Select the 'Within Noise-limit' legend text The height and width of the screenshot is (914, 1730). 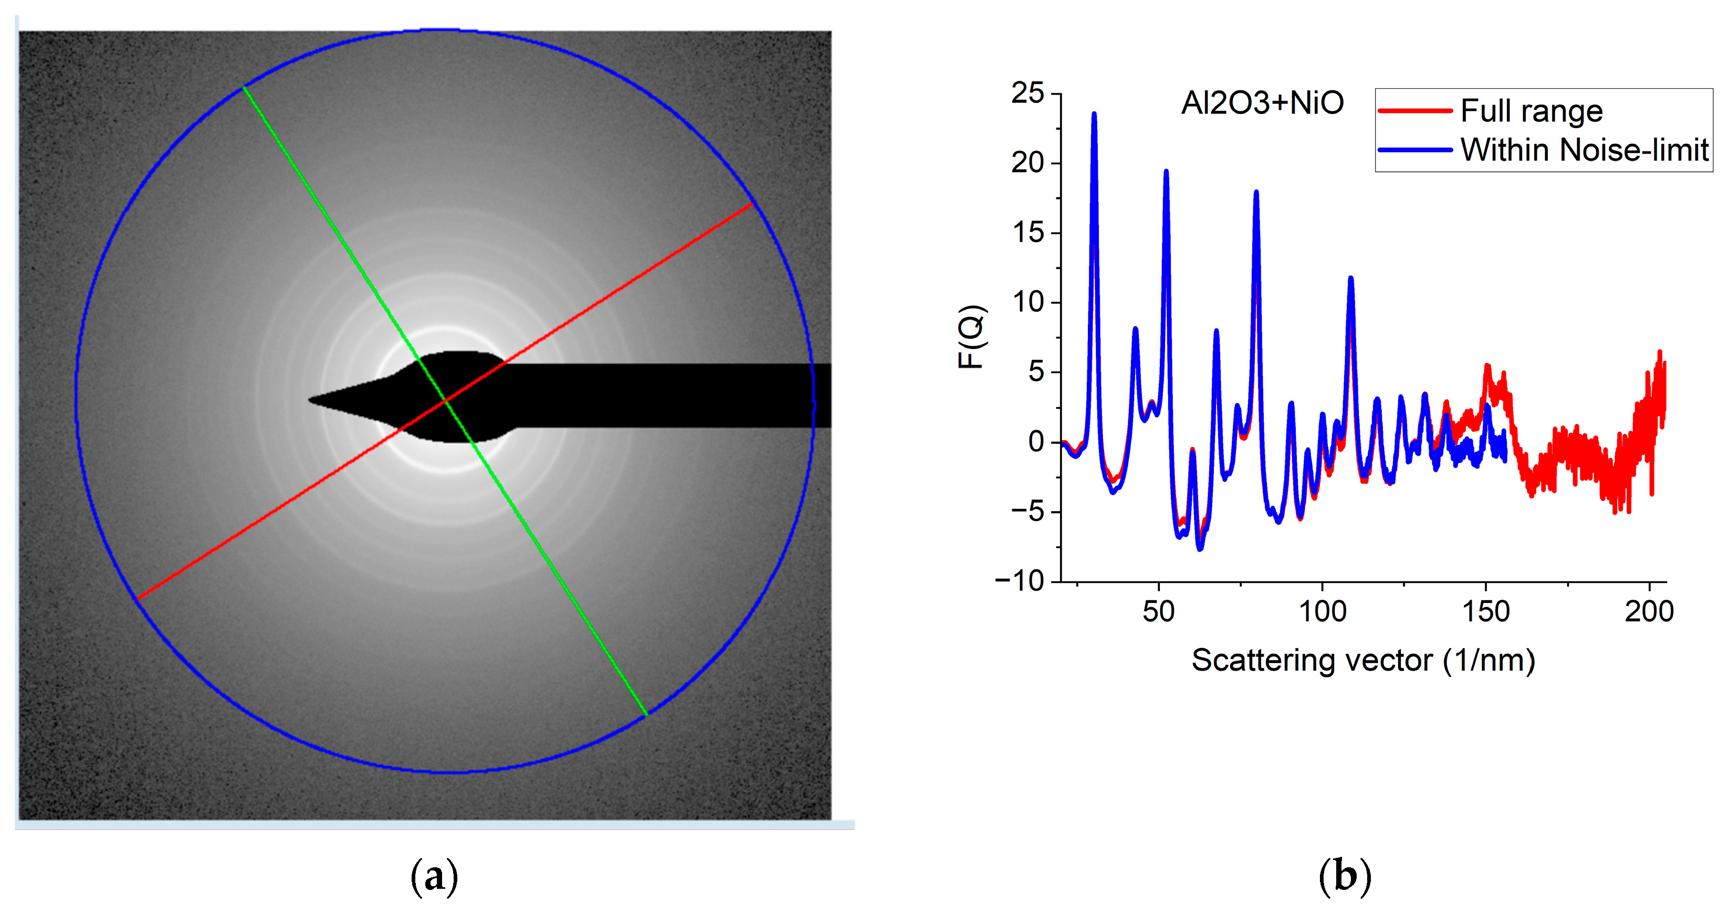[x=1584, y=150]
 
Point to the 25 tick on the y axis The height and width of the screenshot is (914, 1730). [x=1027, y=93]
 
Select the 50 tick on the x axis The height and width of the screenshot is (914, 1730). [x=1158, y=611]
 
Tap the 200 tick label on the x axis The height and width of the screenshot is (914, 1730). [x=1649, y=611]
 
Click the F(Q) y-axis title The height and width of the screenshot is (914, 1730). [x=971, y=337]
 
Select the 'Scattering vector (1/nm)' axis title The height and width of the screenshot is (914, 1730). [x=1364, y=661]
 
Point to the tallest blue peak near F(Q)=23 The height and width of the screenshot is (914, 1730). [x=1094, y=114]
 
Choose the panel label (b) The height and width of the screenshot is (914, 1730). [x=1345, y=876]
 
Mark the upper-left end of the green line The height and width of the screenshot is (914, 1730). [x=244, y=87]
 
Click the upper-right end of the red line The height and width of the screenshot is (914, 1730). [x=752, y=203]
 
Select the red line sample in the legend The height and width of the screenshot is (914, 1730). [x=1415, y=111]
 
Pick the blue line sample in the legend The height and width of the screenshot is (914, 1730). [x=1415, y=150]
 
